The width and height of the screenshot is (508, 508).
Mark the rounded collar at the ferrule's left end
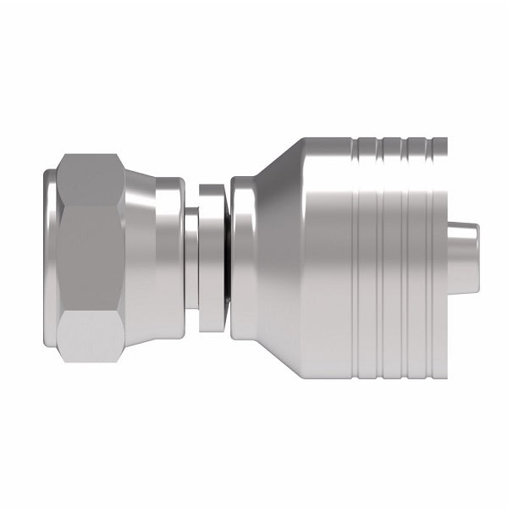pos(243,254)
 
